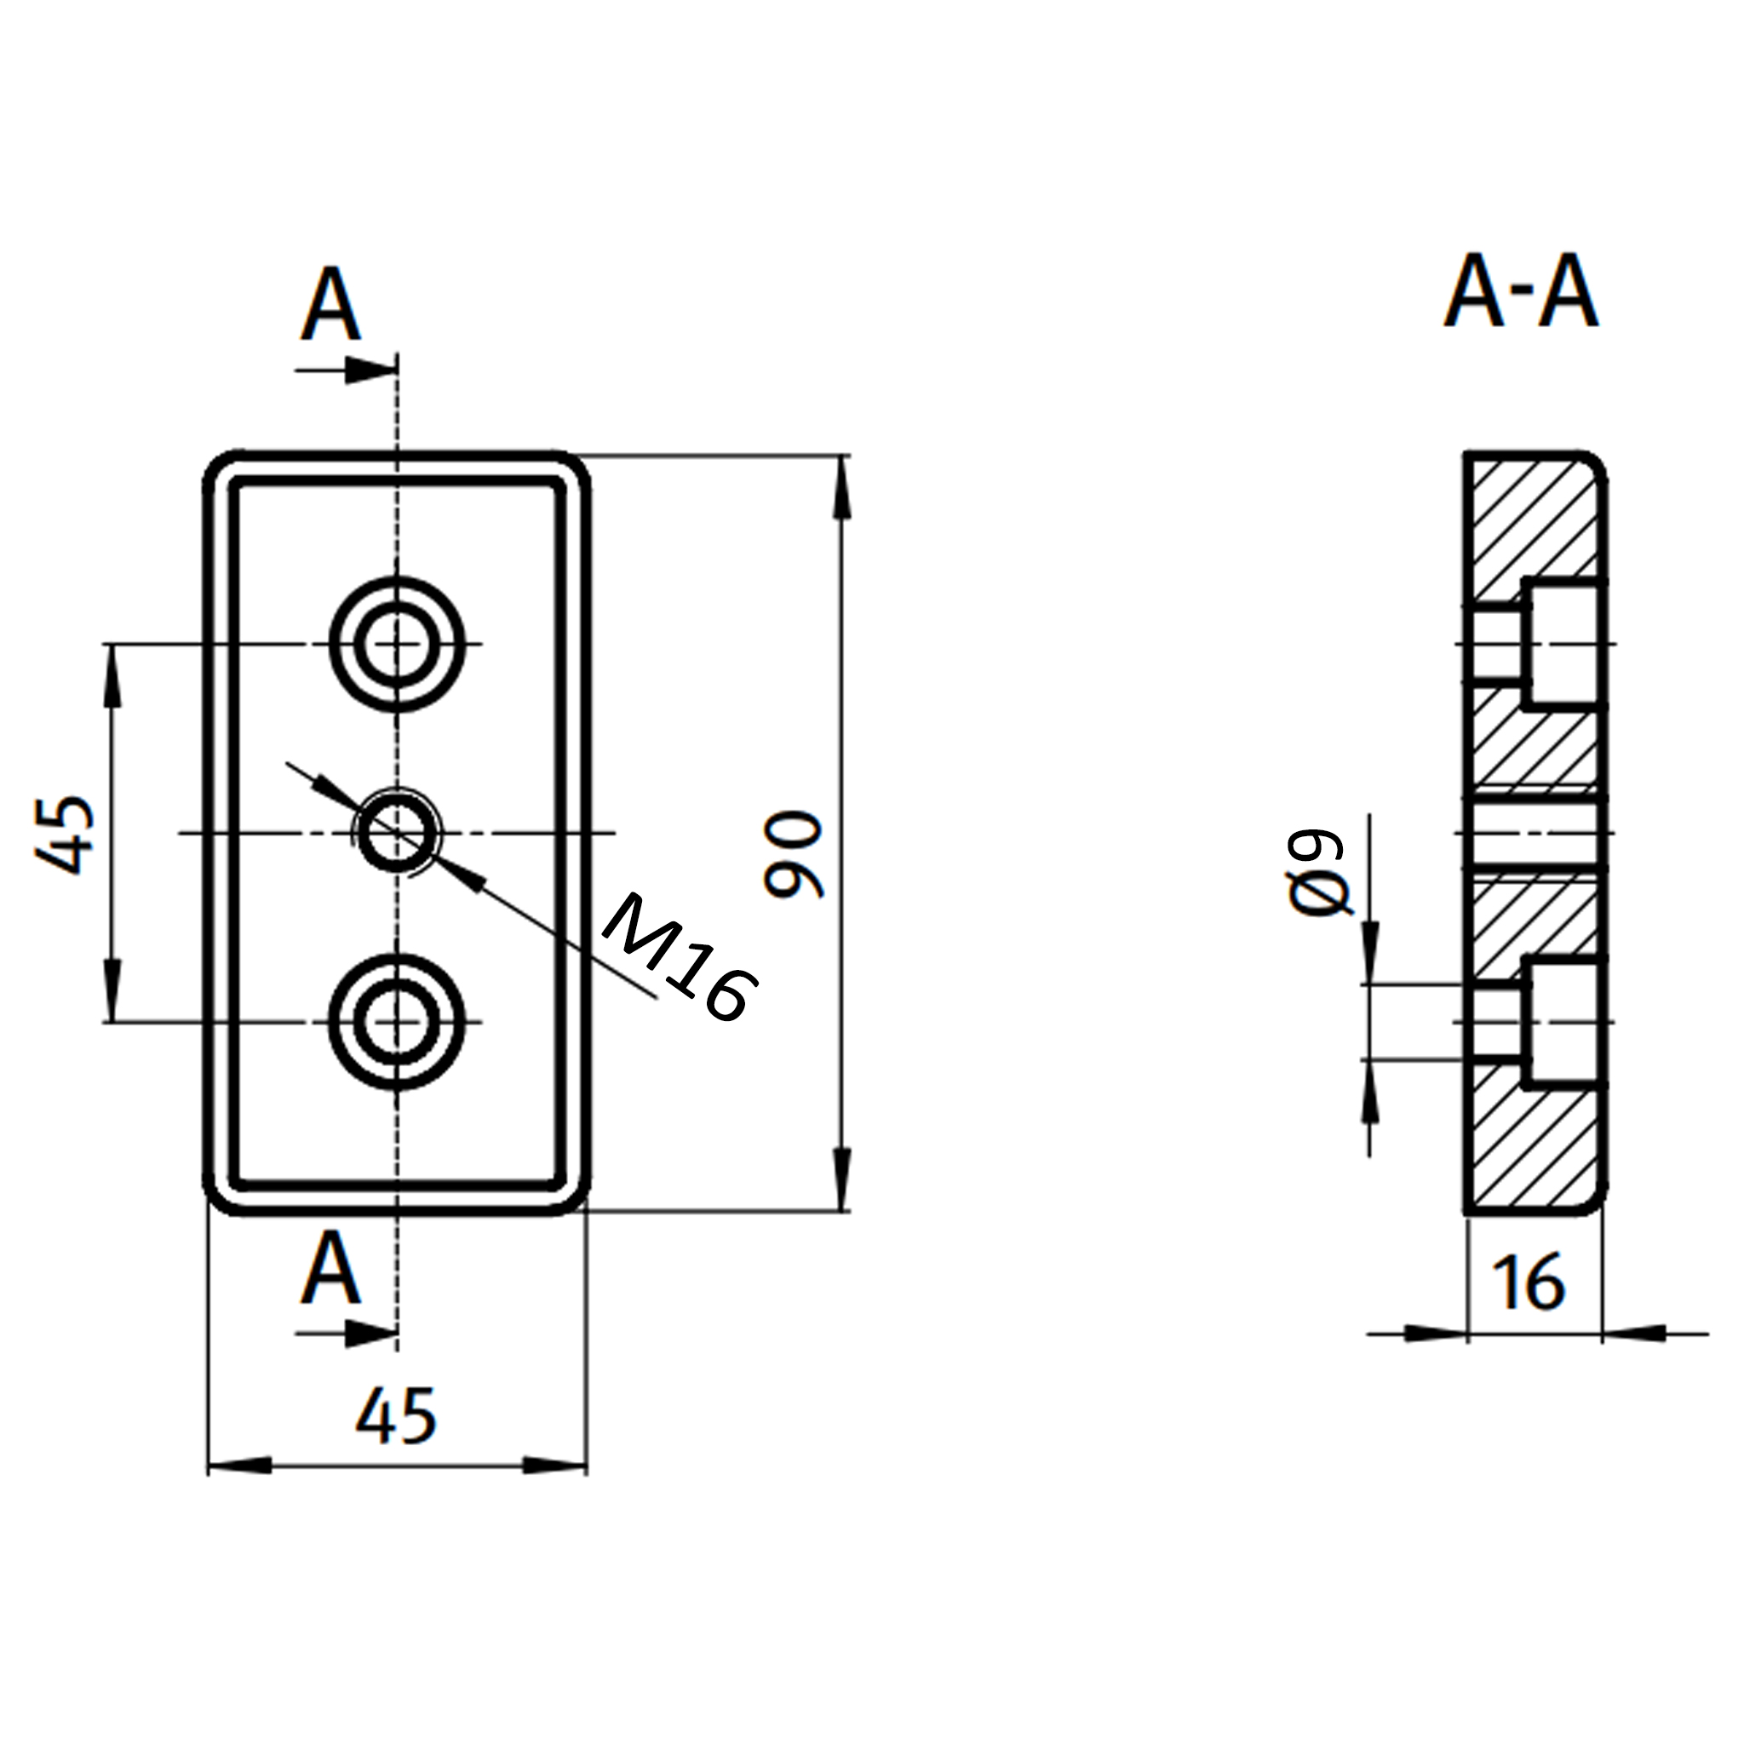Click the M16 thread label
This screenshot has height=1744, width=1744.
click(679, 959)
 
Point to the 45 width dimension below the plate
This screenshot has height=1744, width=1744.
click(395, 1415)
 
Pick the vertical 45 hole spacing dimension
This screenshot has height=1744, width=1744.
click(65, 834)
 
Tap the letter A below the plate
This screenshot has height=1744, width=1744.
click(330, 1268)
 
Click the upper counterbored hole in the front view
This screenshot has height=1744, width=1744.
click(396, 644)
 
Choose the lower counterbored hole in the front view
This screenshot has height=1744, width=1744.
click(396, 1022)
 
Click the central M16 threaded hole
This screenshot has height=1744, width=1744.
click(396, 832)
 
